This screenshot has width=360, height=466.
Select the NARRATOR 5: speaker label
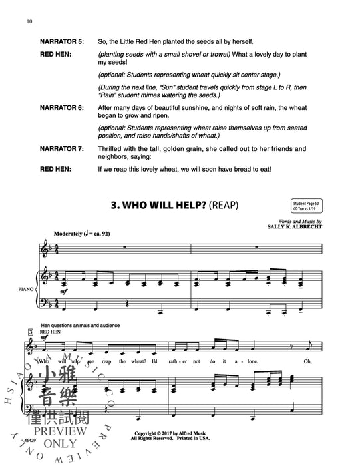(x=67, y=41)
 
